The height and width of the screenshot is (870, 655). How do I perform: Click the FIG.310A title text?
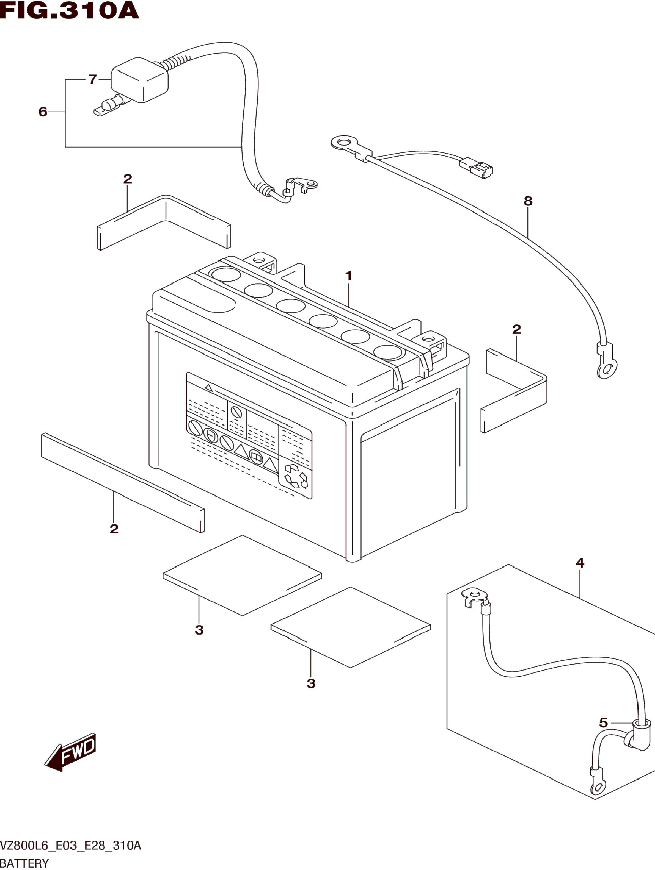69,11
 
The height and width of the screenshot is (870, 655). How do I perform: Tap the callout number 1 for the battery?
348,276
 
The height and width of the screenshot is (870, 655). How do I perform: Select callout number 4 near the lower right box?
580,563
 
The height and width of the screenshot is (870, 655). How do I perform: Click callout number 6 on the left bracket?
43,112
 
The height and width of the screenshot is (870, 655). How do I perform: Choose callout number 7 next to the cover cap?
92,79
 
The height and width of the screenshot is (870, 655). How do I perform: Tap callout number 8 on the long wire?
528,201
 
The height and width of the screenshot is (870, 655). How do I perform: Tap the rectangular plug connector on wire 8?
476,168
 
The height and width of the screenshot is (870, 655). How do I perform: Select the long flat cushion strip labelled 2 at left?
123,483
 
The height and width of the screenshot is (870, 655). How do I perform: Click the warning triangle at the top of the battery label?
209,388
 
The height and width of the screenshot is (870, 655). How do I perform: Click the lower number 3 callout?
311,683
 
